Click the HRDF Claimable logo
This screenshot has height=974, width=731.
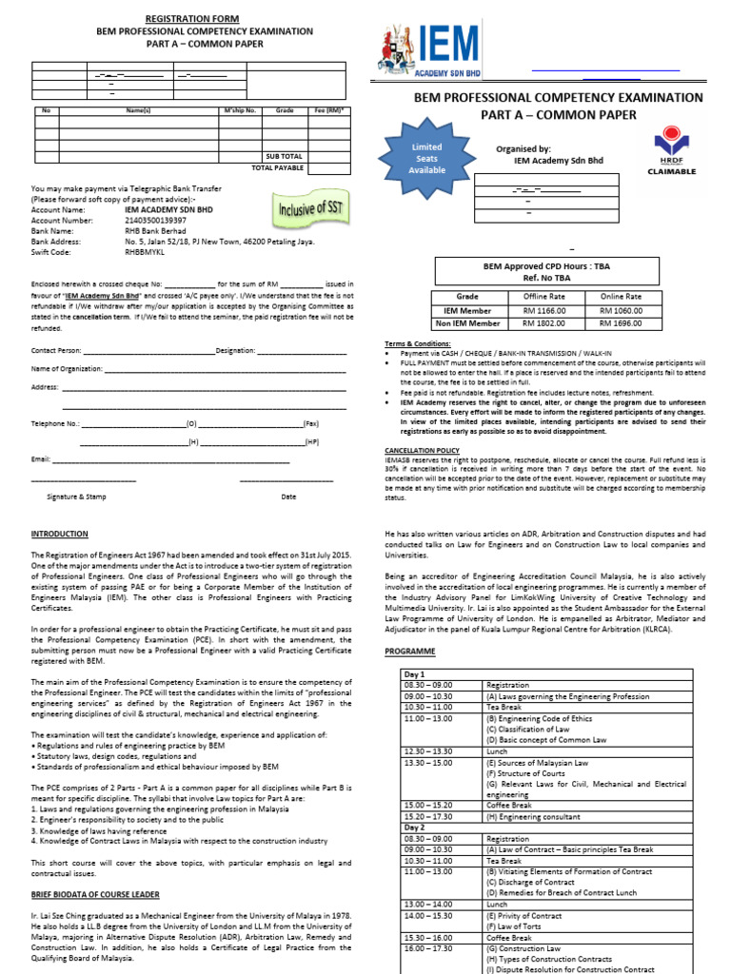(x=672, y=152)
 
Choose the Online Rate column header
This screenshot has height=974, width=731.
(x=621, y=297)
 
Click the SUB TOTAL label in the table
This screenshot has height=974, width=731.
(x=284, y=156)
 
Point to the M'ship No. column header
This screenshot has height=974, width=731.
(x=240, y=111)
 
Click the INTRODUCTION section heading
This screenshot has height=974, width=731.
(x=59, y=535)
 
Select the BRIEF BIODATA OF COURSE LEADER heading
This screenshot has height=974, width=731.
(x=95, y=894)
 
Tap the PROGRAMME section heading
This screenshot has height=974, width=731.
(x=409, y=651)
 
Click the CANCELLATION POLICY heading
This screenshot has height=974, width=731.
(x=422, y=450)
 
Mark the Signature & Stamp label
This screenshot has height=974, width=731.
(x=76, y=497)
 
